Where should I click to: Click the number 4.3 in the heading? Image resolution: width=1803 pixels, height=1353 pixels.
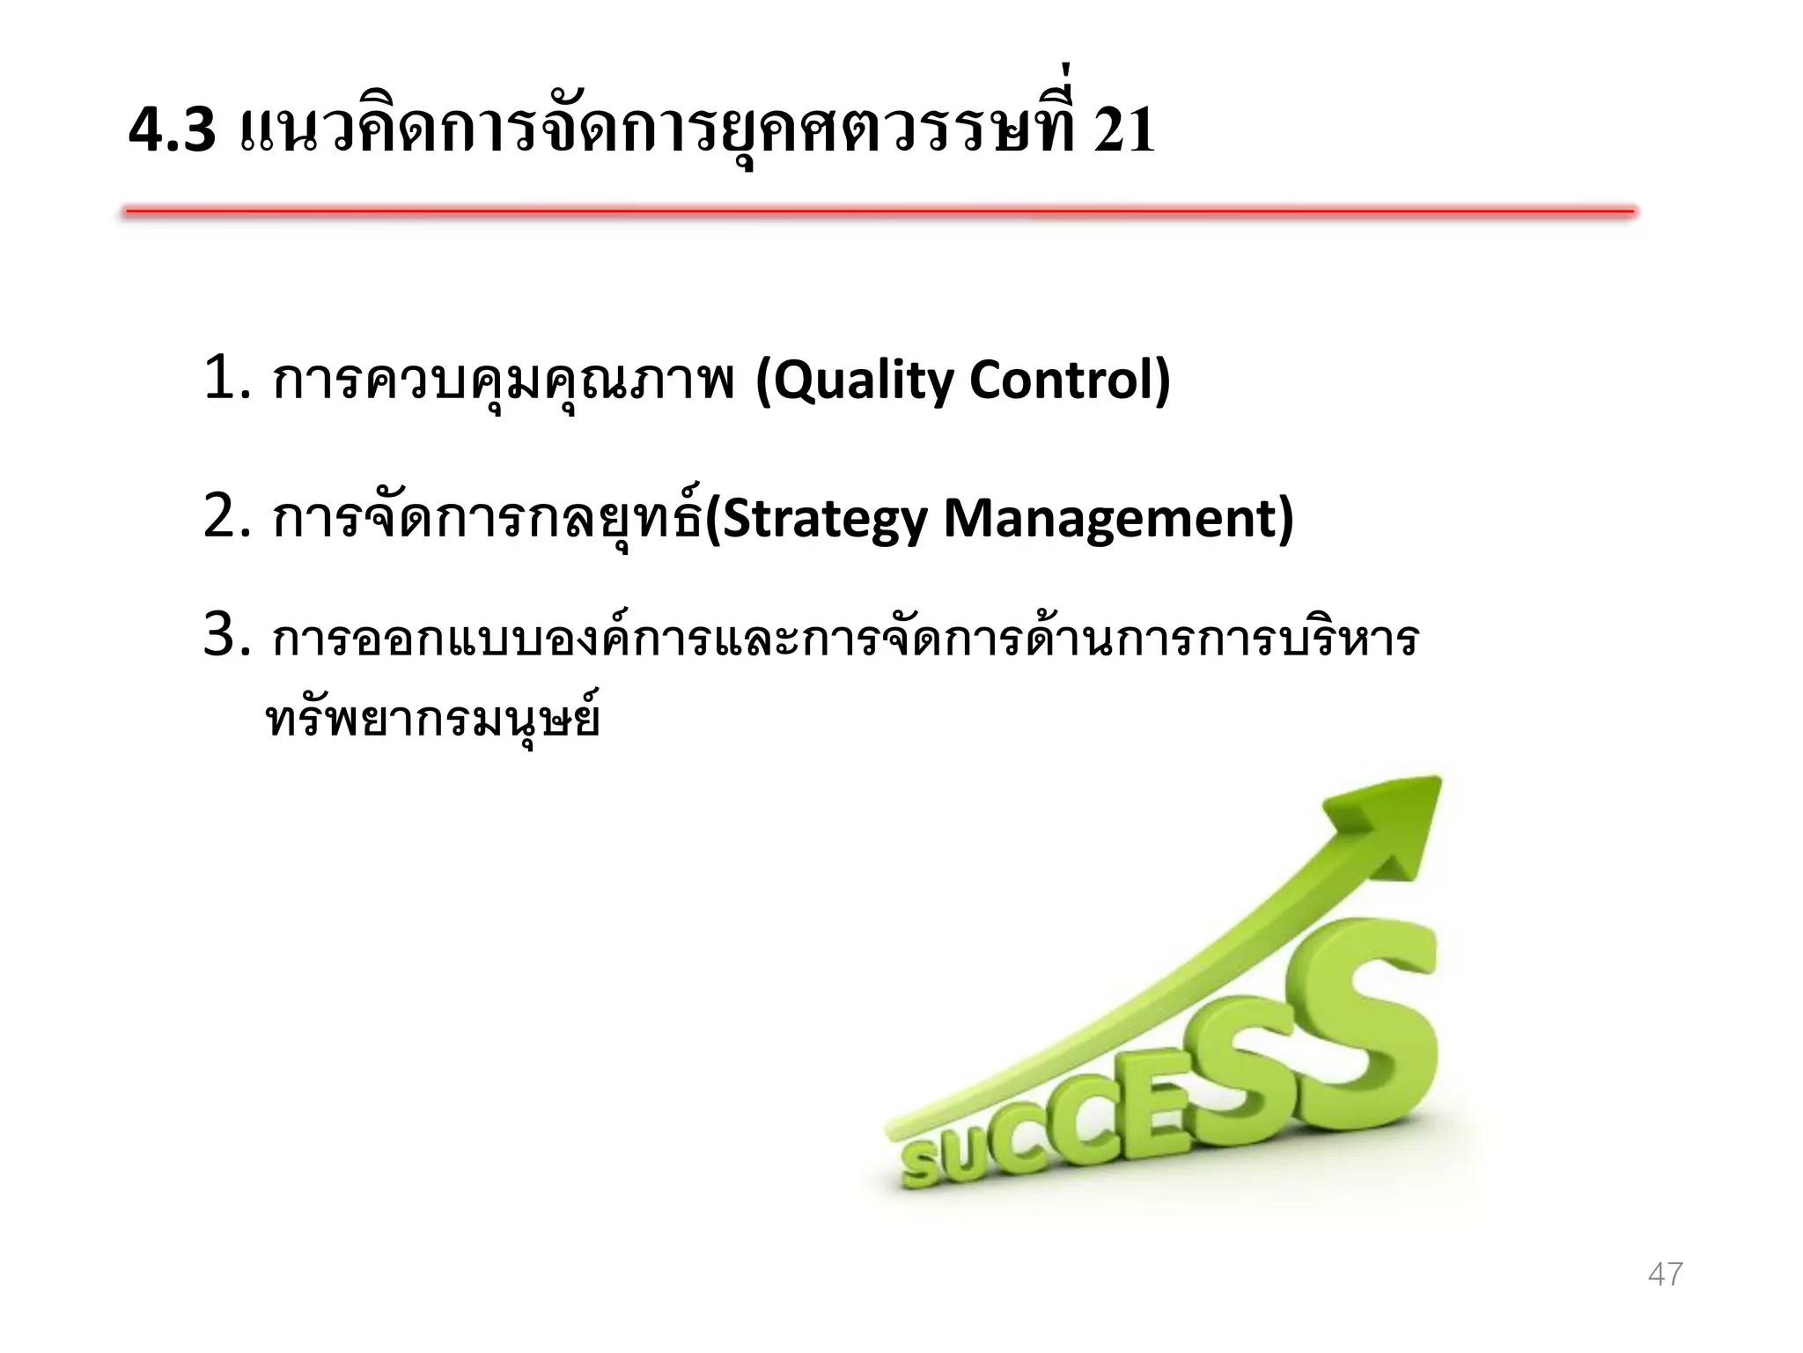point(172,130)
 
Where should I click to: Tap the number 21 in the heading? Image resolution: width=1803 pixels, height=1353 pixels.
point(1123,130)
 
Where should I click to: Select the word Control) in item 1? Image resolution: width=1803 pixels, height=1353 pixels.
point(1070,381)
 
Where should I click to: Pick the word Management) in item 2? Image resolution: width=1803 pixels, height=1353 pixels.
point(1118,519)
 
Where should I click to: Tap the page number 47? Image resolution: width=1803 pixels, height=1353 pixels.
point(1665,1274)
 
